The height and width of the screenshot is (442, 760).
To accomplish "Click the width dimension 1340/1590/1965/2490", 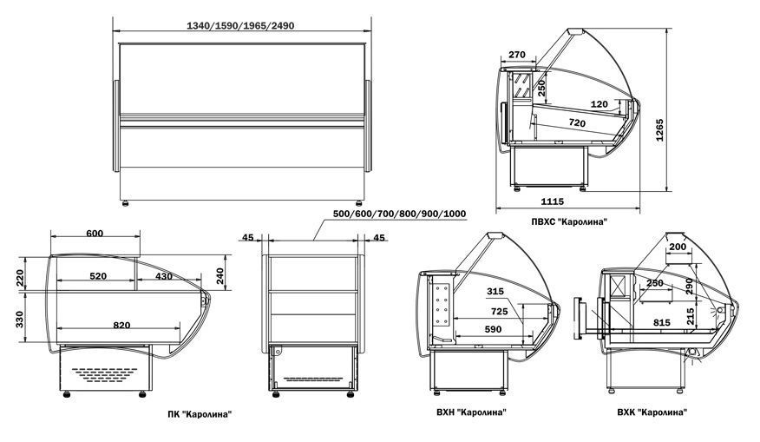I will [240, 26].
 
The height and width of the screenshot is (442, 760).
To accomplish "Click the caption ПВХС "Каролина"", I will [569, 222].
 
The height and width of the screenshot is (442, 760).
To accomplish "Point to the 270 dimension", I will [517, 56].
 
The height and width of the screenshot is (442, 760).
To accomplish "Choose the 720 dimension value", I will [576, 125].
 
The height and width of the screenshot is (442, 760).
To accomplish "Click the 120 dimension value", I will [599, 104].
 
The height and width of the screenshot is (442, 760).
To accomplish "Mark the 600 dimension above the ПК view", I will [95, 233].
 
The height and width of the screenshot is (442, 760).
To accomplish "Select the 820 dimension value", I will [121, 325].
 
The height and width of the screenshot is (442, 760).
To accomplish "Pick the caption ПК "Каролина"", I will [200, 414].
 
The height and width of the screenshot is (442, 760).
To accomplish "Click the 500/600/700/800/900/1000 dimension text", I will [399, 214].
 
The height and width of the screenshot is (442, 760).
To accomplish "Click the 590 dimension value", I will [493, 329].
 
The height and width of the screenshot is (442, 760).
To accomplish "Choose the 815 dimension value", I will [660, 323].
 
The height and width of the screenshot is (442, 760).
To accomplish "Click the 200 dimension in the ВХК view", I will [678, 247].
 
